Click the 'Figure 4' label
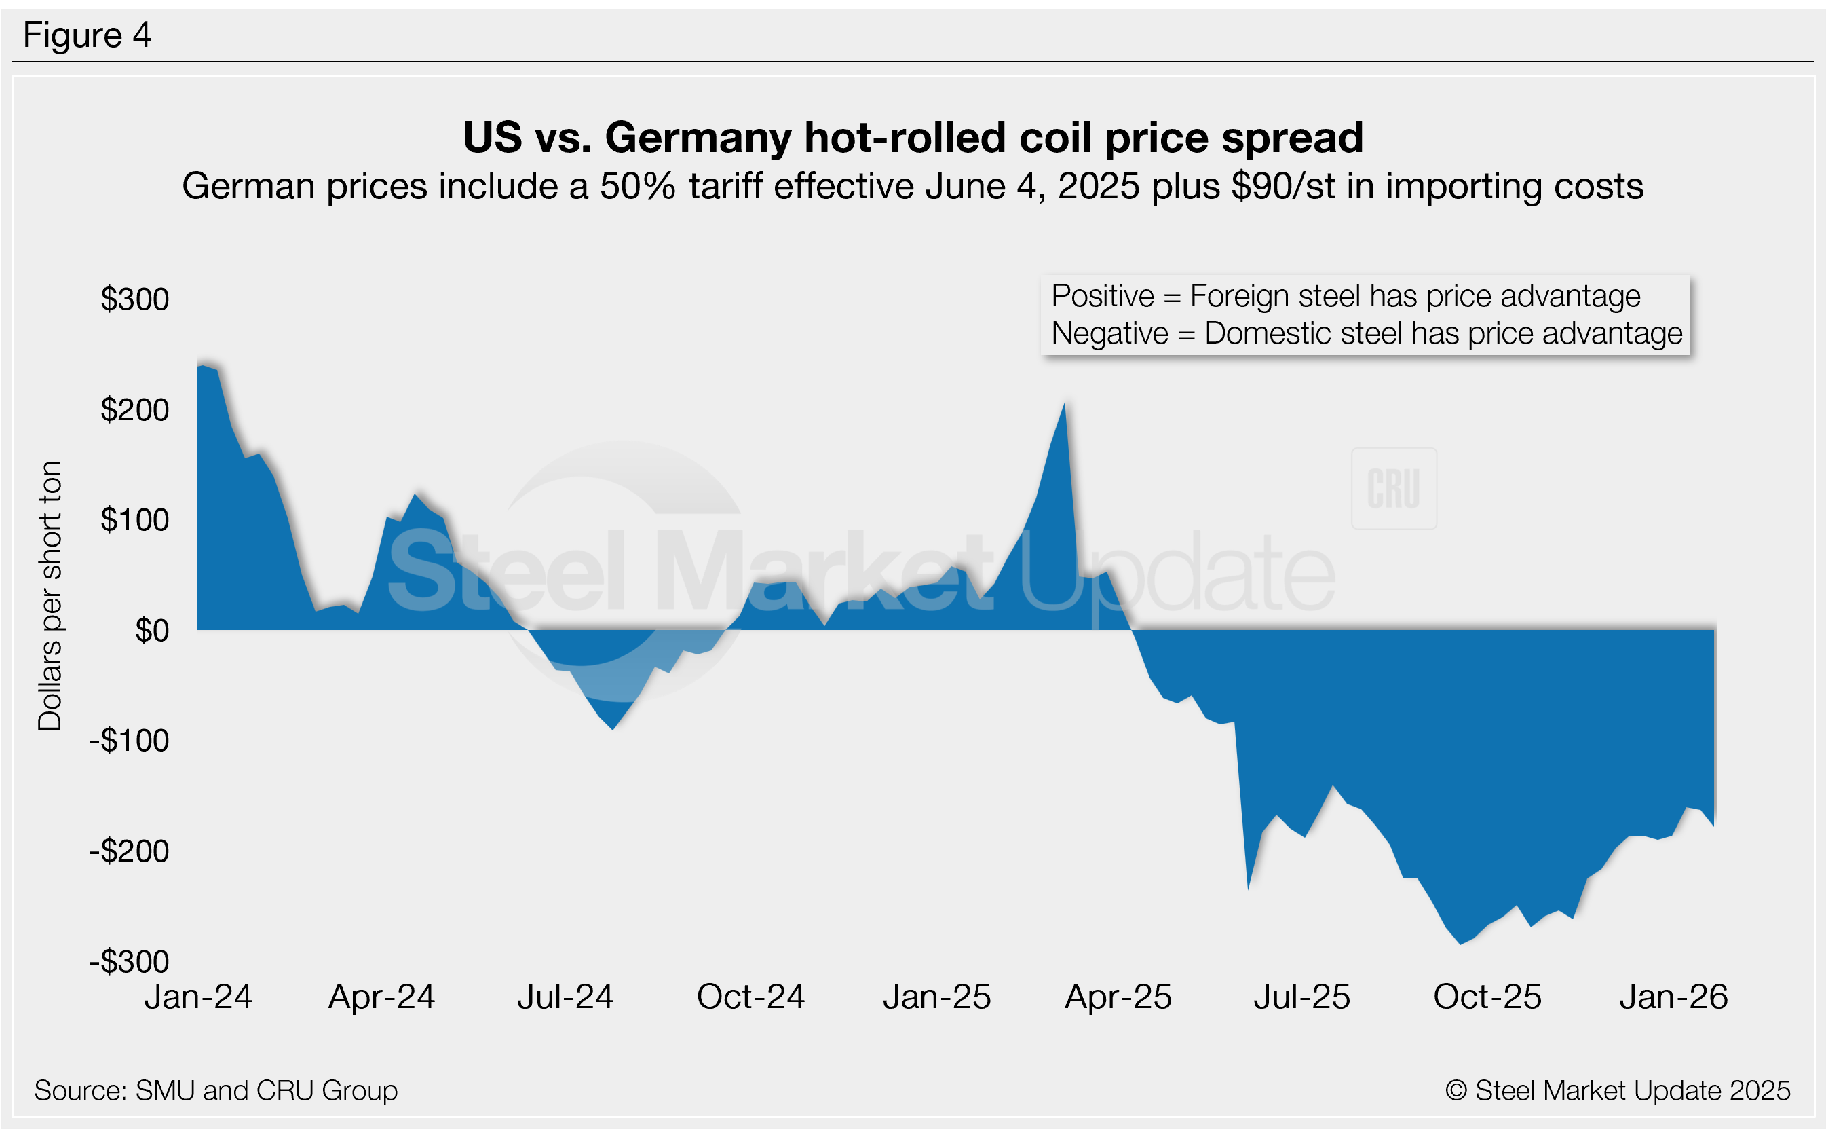click(x=87, y=35)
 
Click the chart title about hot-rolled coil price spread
click(x=913, y=137)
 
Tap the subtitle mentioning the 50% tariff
click(x=913, y=187)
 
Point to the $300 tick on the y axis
click(x=135, y=299)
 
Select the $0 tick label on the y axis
click(x=151, y=631)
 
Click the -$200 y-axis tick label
click(x=130, y=851)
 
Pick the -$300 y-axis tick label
click(x=130, y=962)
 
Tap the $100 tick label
click(x=135, y=521)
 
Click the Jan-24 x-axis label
click(x=199, y=997)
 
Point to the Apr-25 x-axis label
click(x=1118, y=997)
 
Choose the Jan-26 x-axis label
click(x=1674, y=997)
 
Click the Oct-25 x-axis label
click(x=1487, y=997)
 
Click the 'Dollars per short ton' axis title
click(x=50, y=595)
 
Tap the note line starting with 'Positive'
click(x=1346, y=297)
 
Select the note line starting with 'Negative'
click(x=1367, y=334)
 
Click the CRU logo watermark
click(x=1393, y=489)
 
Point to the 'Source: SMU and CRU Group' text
click(x=216, y=1091)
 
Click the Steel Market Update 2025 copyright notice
click(x=1617, y=1091)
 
